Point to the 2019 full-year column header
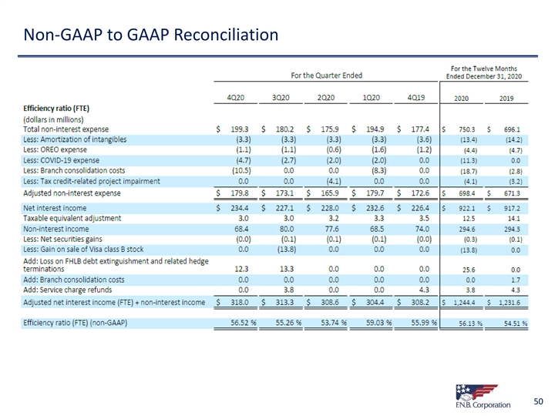[506, 99]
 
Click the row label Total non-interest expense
[66, 129]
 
